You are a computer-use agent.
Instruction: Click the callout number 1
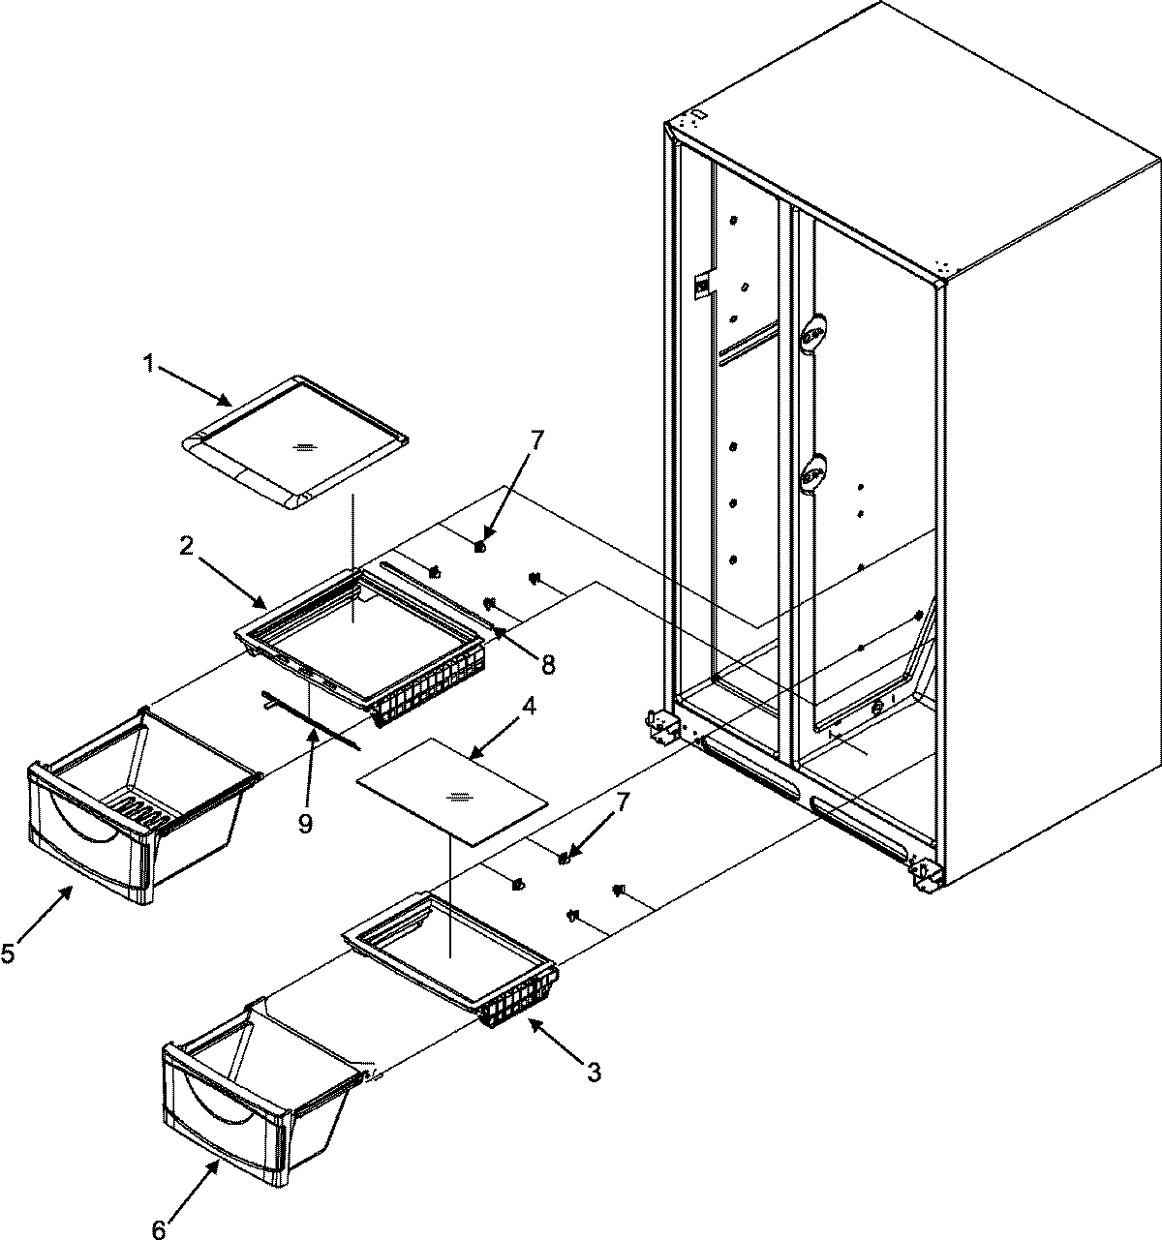pyautogui.click(x=148, y=365)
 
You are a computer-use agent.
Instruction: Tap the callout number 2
pyautogui.click(x=184, y=547)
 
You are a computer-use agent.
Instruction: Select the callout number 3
pyautogui.click(x=594, y=1072)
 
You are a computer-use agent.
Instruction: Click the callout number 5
pyautogui.click(x=8, y=954)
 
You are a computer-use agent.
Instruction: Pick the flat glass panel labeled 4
pyautogui.click(x=451, y=798)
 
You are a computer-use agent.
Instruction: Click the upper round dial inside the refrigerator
pyautogui.click(x=814, y=333)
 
